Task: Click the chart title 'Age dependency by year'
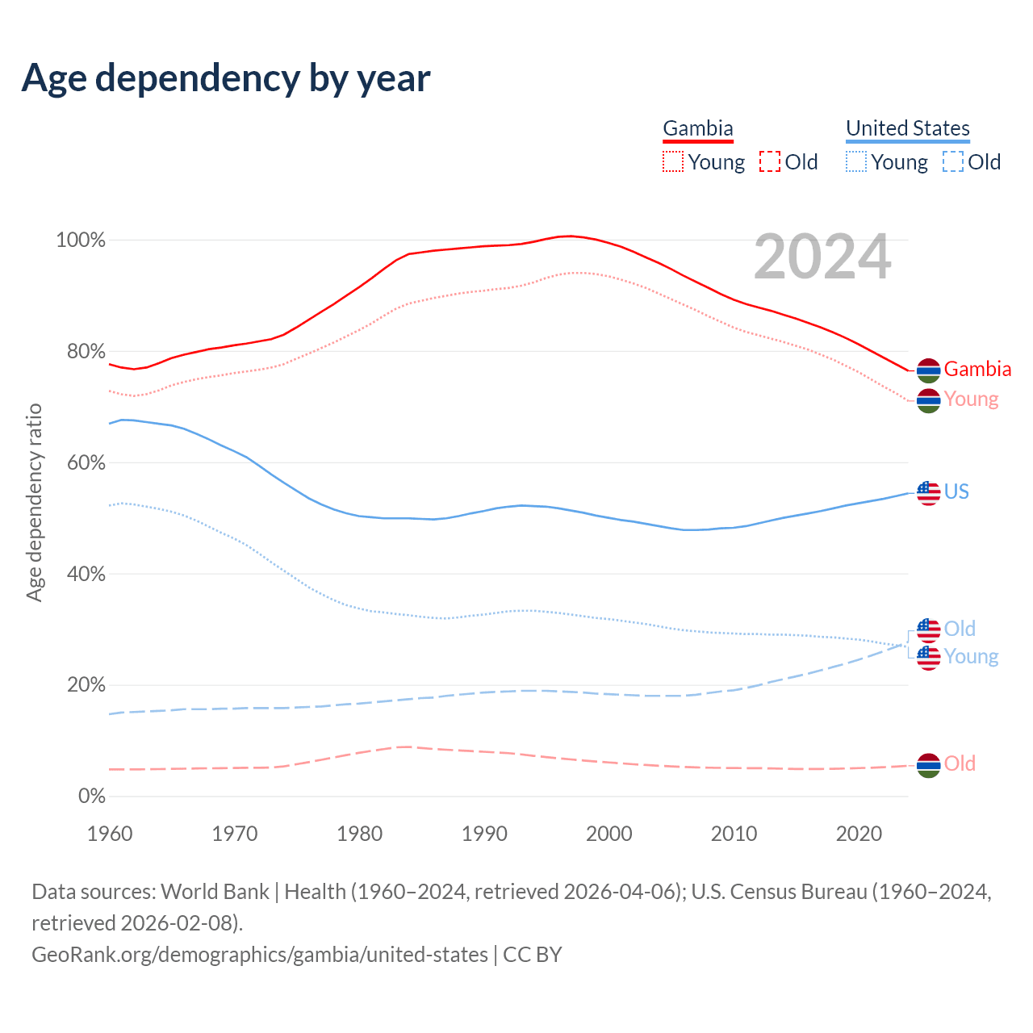coord(226,77)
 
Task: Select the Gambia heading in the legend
coord(698,128)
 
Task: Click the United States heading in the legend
coord(908,128)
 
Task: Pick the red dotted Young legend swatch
coord(673,162)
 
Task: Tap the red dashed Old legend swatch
coord(770,162)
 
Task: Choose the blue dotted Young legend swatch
coord(856,162)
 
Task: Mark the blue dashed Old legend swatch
coord(953,162)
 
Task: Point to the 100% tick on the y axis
coord(81,240)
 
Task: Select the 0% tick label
coord(92,797)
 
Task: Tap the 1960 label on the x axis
coord(110,834)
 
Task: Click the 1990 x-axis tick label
coord(484,834)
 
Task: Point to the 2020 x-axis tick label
coord(859,834)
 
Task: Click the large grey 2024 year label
coord(822,257)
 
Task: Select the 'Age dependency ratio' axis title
coord(34,502)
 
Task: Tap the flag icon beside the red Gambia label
coord(929,370)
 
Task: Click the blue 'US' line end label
coord(956,491)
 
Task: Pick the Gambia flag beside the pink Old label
coord(929,764)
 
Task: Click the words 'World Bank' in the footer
coord(215,892)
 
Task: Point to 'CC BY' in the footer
coord(533,955)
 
